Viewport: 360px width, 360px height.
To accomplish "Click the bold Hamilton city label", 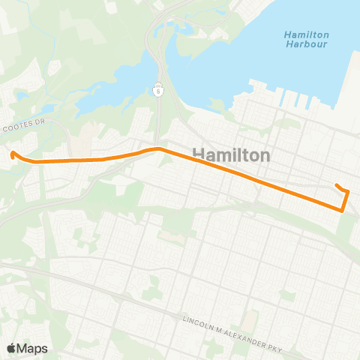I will [232, 154].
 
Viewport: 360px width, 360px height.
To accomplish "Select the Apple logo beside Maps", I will [11, 348].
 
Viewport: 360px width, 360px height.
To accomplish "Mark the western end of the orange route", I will [13, 154].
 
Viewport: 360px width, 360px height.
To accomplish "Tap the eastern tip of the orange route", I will [336, 184].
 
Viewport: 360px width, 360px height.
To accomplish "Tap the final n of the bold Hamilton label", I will [265, 155].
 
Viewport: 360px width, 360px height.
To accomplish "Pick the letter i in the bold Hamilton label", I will [233, 154].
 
